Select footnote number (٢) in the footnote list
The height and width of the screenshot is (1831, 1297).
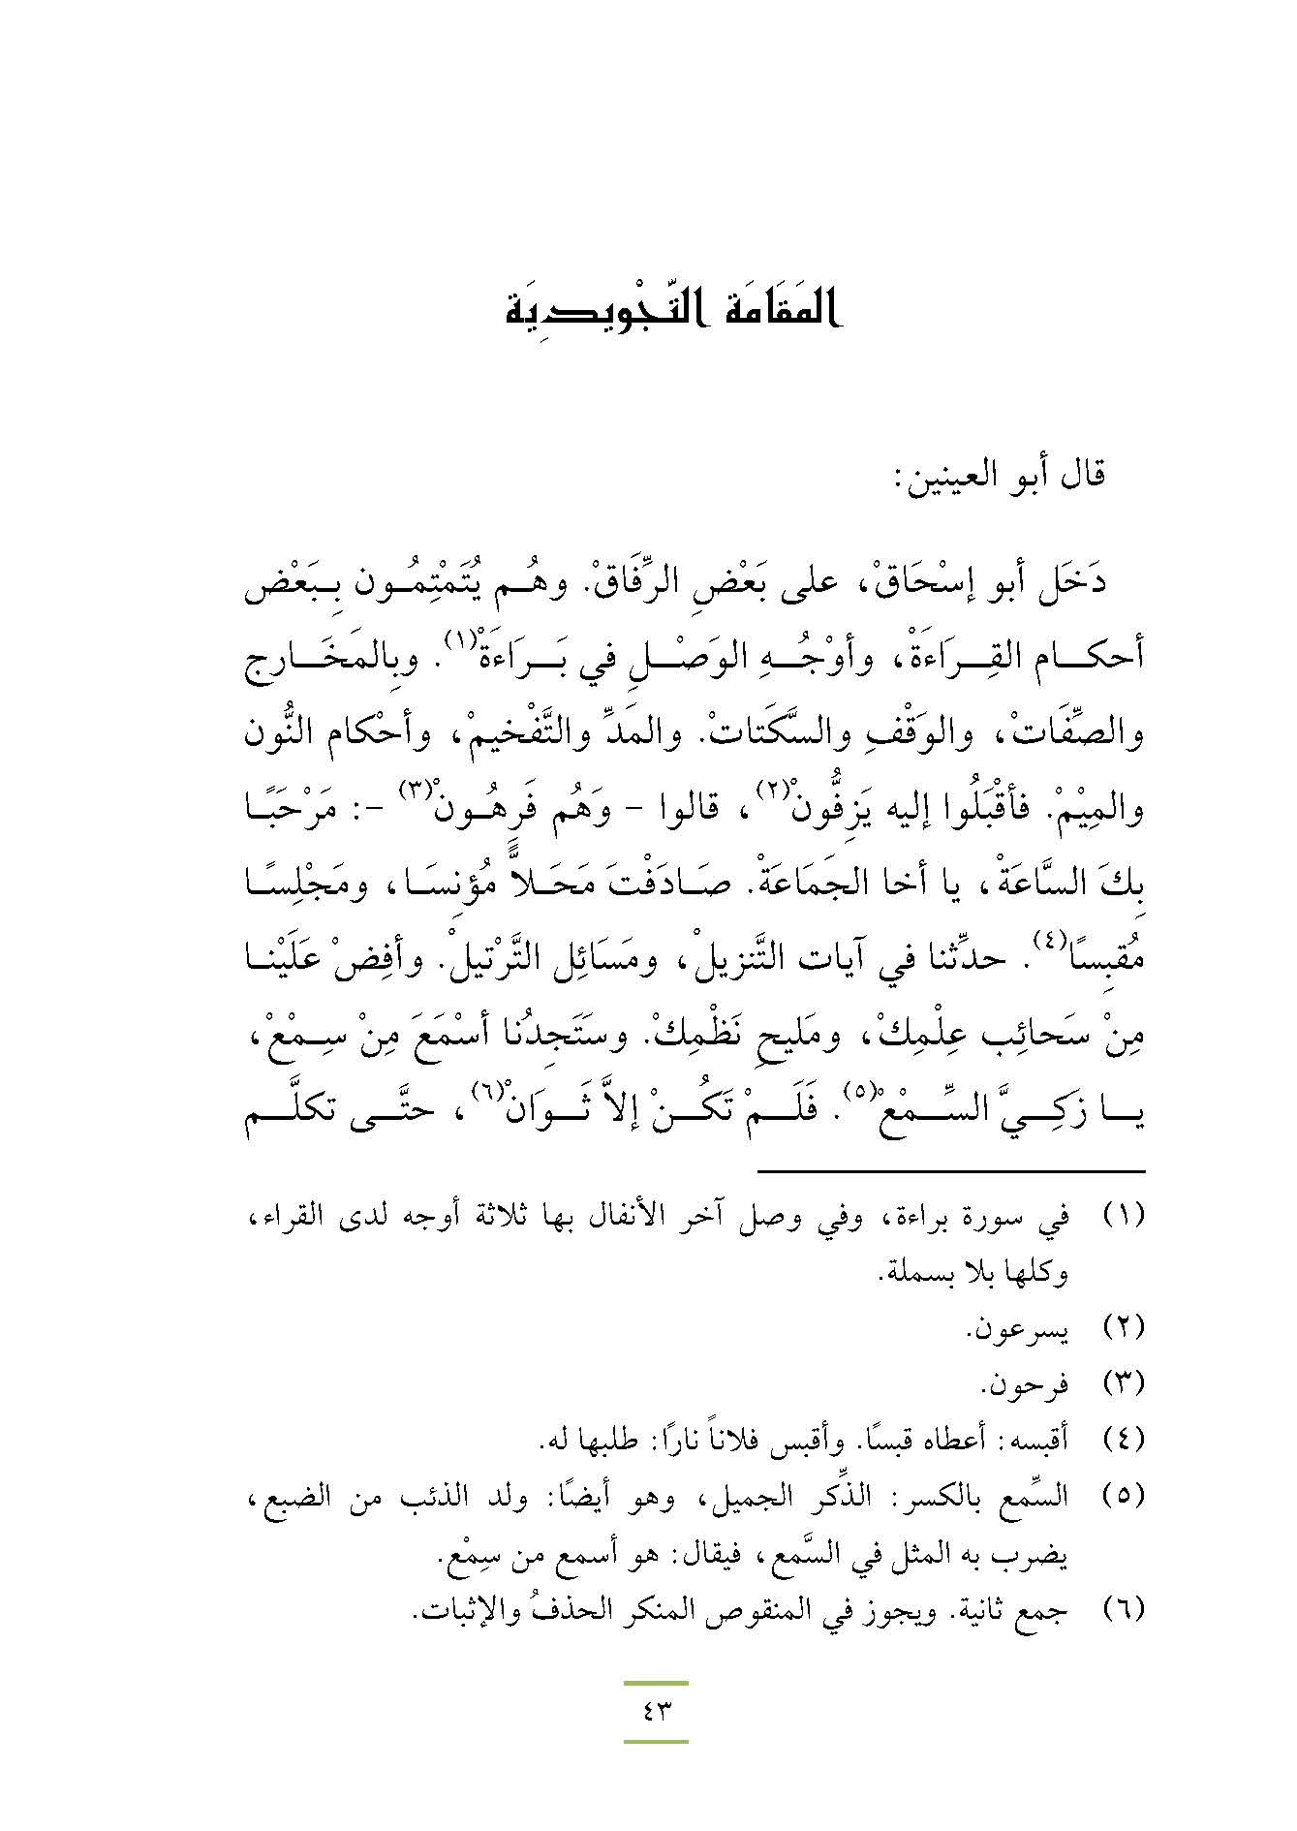1124,1329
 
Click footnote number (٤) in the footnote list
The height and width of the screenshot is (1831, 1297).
1124,1439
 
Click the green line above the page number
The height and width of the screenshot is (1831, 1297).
656,1683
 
